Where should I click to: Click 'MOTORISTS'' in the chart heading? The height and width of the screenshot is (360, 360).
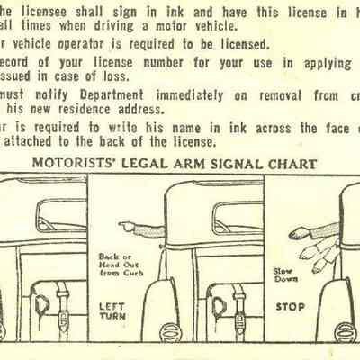coord(77,164)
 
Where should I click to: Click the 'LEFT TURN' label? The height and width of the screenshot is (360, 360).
coord(112,311)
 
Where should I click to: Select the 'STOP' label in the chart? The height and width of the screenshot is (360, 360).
coord(290,306)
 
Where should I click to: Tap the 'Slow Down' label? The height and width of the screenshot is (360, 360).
coord(287,274)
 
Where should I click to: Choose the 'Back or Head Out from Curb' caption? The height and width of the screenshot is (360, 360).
coord(115,265)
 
